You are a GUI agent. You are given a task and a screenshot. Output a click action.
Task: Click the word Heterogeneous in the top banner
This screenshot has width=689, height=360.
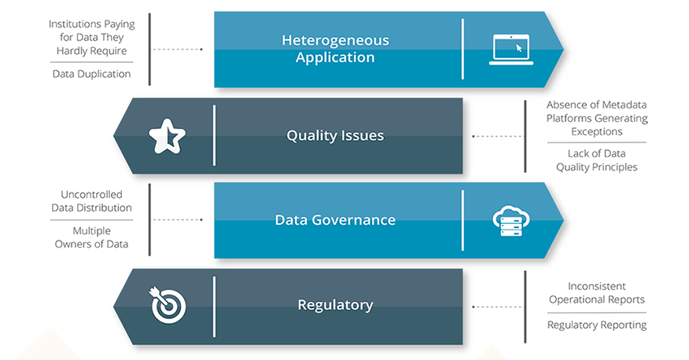pyautogui.click(x=335, y=40)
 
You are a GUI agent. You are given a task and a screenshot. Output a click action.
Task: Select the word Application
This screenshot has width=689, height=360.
pyautogui.click(x=335, y=57)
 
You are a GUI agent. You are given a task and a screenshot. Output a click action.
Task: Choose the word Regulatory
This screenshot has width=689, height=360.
pyautogui.click(x=335, y=304)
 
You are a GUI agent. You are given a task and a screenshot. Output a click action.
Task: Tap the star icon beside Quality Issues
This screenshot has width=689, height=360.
pyautogui.click(x=167, y=137)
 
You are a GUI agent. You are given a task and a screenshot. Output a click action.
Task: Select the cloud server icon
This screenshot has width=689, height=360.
pyautogui.click(x=510, y=220)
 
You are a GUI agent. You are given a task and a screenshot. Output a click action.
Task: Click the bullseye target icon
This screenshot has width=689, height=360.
pyautogui.click(x=166, y=305)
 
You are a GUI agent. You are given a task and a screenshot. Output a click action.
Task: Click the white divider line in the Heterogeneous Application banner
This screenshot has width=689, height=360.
pyautogui.click(x=462, y=49)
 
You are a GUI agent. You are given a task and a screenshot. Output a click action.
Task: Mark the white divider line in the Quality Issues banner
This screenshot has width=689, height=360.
pyautogui.click(x=214, y=135)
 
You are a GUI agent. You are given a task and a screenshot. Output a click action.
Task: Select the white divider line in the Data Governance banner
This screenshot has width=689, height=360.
pyautogui.click(x=462, y=219)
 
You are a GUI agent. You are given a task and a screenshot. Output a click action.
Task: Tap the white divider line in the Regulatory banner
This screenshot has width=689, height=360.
pyautogui.click(x=214, y=304)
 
